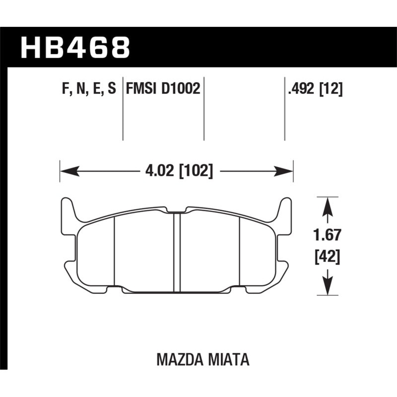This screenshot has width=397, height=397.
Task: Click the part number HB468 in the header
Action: pos(75,48)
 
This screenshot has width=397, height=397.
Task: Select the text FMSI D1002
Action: pos(163,89)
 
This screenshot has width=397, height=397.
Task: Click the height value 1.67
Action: pos(327,235)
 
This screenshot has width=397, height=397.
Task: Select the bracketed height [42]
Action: pos(327,258)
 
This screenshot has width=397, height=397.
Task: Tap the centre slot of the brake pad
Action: pos(177,251)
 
